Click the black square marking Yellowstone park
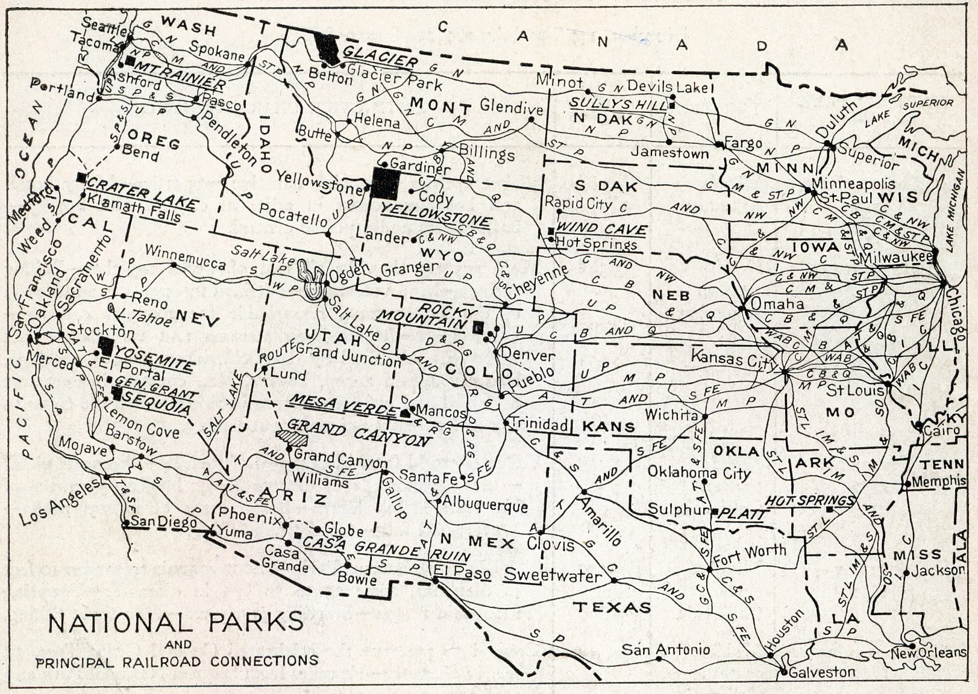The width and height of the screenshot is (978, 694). (385, 184)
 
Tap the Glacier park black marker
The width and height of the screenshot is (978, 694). (327, 49)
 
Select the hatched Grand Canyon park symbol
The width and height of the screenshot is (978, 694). (292, 438)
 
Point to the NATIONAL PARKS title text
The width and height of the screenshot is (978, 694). (176, 622)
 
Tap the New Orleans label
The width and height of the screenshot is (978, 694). (928, 652)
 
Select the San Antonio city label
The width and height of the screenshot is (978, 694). (665, 649)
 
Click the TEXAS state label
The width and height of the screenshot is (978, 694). (612, 607)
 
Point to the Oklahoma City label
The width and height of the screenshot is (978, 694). (699, 472)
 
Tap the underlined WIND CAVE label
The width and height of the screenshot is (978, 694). (601, 229)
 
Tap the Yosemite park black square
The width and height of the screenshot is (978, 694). (106, 346)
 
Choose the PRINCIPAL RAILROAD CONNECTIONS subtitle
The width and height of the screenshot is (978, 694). (177, 661)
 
